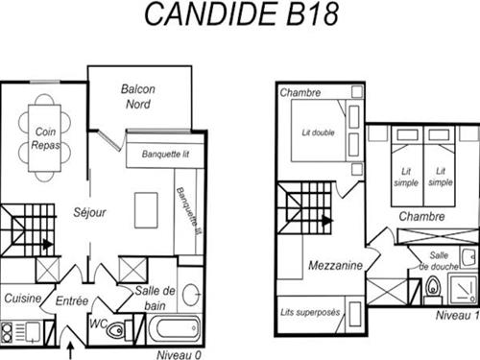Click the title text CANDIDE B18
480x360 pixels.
[x=242, y=14]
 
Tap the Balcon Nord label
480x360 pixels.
[x=138, y=96]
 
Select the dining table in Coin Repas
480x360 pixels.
[x=44, y=138]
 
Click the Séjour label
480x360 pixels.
[x=89, y=212]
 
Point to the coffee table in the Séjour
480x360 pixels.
[x=146, y=210]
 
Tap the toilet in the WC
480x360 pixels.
[x=115, y=328]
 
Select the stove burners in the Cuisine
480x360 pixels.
[x=7, y=332]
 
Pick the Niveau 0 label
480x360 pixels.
[x=180, y=354]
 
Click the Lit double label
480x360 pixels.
[x=318, y=132]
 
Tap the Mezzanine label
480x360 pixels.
[x=335, y=265]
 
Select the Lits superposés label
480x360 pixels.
[x=310, y=312]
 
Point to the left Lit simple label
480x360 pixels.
[x=406, y=177]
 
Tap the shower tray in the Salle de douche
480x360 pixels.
[x=463, y=289]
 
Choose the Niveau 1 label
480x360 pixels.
[x=458, y=316]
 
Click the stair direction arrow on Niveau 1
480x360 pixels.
[x=326, y=220]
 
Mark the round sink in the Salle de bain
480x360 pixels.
[x=191, y=294]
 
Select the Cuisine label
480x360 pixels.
[x=23, y=299]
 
